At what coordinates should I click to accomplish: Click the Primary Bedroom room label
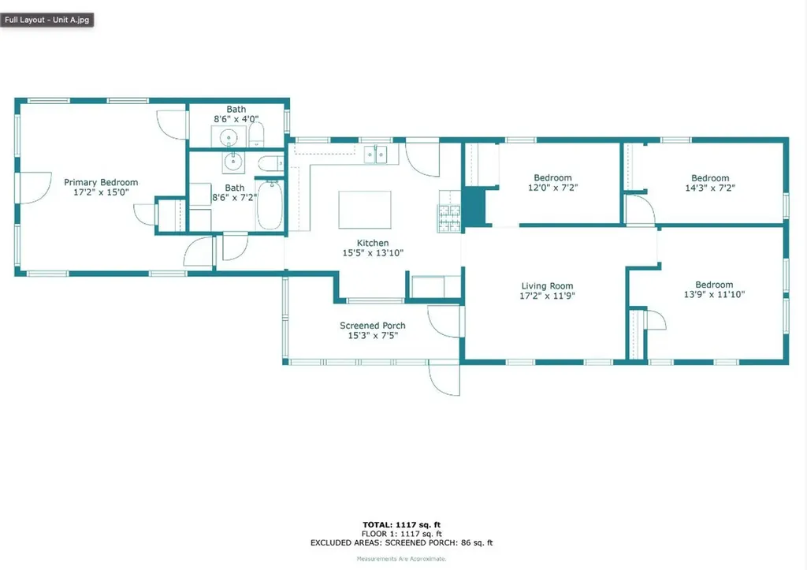101,182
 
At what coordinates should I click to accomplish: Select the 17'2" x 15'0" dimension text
101,192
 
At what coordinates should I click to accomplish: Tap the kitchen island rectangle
364,209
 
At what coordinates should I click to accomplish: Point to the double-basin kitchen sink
376,155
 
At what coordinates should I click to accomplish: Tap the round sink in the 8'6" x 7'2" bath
234,162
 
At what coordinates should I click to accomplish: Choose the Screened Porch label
373,326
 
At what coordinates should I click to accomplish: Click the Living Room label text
547,286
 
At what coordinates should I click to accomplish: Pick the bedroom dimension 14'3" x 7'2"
710,188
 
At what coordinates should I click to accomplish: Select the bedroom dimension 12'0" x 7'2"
552,188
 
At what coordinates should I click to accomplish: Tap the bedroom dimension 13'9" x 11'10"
713,295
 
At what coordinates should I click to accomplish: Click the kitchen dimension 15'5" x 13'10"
373,253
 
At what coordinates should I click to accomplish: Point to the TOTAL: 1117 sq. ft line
402,523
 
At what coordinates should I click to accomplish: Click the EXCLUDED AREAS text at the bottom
402,542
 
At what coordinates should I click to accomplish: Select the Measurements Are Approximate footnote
402,558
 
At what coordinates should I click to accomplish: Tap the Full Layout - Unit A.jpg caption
47,19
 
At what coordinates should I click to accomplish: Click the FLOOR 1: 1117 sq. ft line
402,533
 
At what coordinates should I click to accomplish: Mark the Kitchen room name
373,243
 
